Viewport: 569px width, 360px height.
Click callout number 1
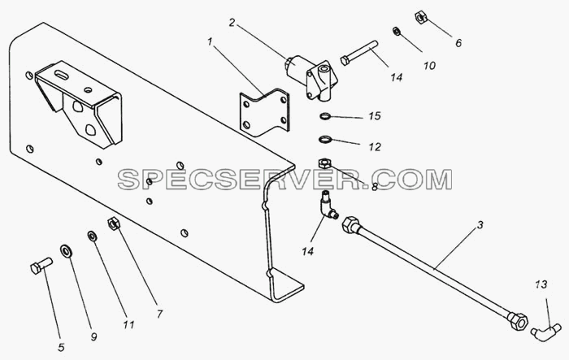coord(210,42)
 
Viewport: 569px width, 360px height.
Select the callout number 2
coord(232,23)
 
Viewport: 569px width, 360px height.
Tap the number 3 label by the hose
coord(480,225)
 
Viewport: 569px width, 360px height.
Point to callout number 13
coord(541,284)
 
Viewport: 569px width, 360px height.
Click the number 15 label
coord(375,116)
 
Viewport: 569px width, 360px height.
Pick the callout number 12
coord(375,147)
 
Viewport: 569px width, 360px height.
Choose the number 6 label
coord(458,43)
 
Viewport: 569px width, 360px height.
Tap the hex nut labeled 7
coord(114,223)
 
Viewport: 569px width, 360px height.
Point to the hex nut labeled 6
coord(420,18)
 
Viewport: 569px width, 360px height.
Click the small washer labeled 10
coord(397,31)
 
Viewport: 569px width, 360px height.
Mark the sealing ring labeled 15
coord(325,116)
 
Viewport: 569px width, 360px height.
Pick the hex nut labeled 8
coord(324,163)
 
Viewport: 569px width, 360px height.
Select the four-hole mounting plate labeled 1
coord(264,113)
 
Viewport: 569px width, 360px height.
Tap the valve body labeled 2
coord(311,77)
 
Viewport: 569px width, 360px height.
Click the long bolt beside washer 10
coord(359,53)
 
